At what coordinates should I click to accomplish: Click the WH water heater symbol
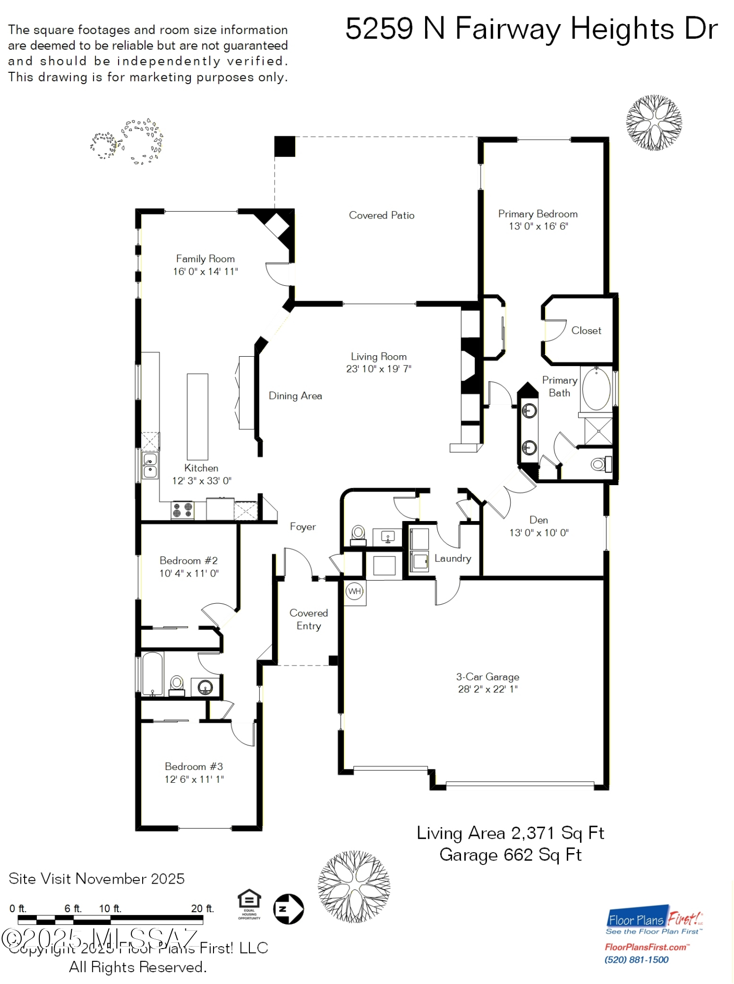click(355, 591)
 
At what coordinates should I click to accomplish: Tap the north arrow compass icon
click(288, 909)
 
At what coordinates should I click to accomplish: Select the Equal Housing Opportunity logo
click(249, 904)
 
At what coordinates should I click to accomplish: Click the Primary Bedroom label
click(538, 214)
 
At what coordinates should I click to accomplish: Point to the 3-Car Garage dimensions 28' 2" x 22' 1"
click(488, 689)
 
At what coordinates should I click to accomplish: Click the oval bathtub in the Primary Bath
click(596, 389)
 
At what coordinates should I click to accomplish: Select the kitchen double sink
click(150, 466)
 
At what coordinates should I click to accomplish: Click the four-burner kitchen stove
click(183, 510)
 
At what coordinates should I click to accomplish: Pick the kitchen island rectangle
click(197, 417)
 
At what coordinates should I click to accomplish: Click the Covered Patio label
click(381, 215)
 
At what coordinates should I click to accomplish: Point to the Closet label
click(586, 331)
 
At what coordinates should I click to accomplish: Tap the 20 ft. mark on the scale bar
click(202, 909)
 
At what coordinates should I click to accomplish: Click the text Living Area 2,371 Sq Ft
click(510, 833)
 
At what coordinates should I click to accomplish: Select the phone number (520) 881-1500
click(636, 960)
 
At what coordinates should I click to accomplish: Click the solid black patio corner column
click(284, 147)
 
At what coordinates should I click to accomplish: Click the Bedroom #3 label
click(194, 767)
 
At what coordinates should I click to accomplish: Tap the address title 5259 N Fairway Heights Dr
click(531, 29)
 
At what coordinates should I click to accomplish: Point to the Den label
click(539, 520)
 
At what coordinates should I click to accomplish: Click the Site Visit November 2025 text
click(96, 879)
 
